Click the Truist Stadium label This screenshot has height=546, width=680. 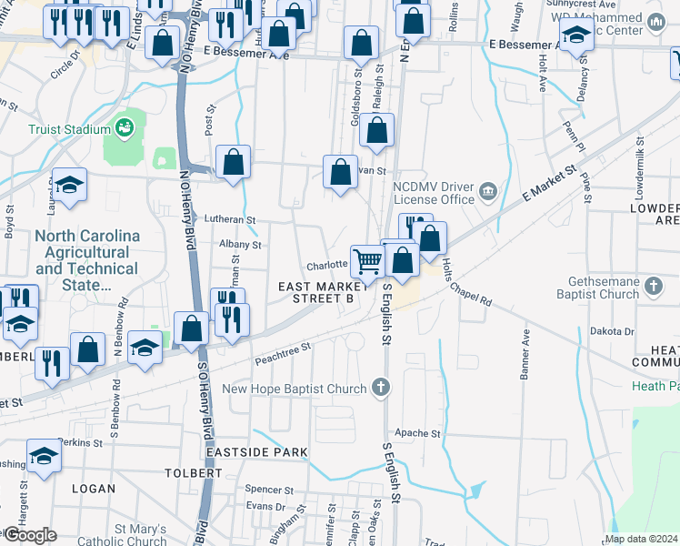click(69, 129)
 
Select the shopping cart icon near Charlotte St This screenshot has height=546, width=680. click(367, 260)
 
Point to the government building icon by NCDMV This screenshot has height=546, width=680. click(488, 191)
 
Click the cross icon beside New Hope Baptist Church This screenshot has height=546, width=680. click(382, 389)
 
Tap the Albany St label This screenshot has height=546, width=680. click(240, 244)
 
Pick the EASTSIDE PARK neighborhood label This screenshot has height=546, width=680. click(256, 452)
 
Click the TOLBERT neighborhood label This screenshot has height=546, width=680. click(193, 473)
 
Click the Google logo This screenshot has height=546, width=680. click(30, 535)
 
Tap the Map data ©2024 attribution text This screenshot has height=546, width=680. click(641, 539)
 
